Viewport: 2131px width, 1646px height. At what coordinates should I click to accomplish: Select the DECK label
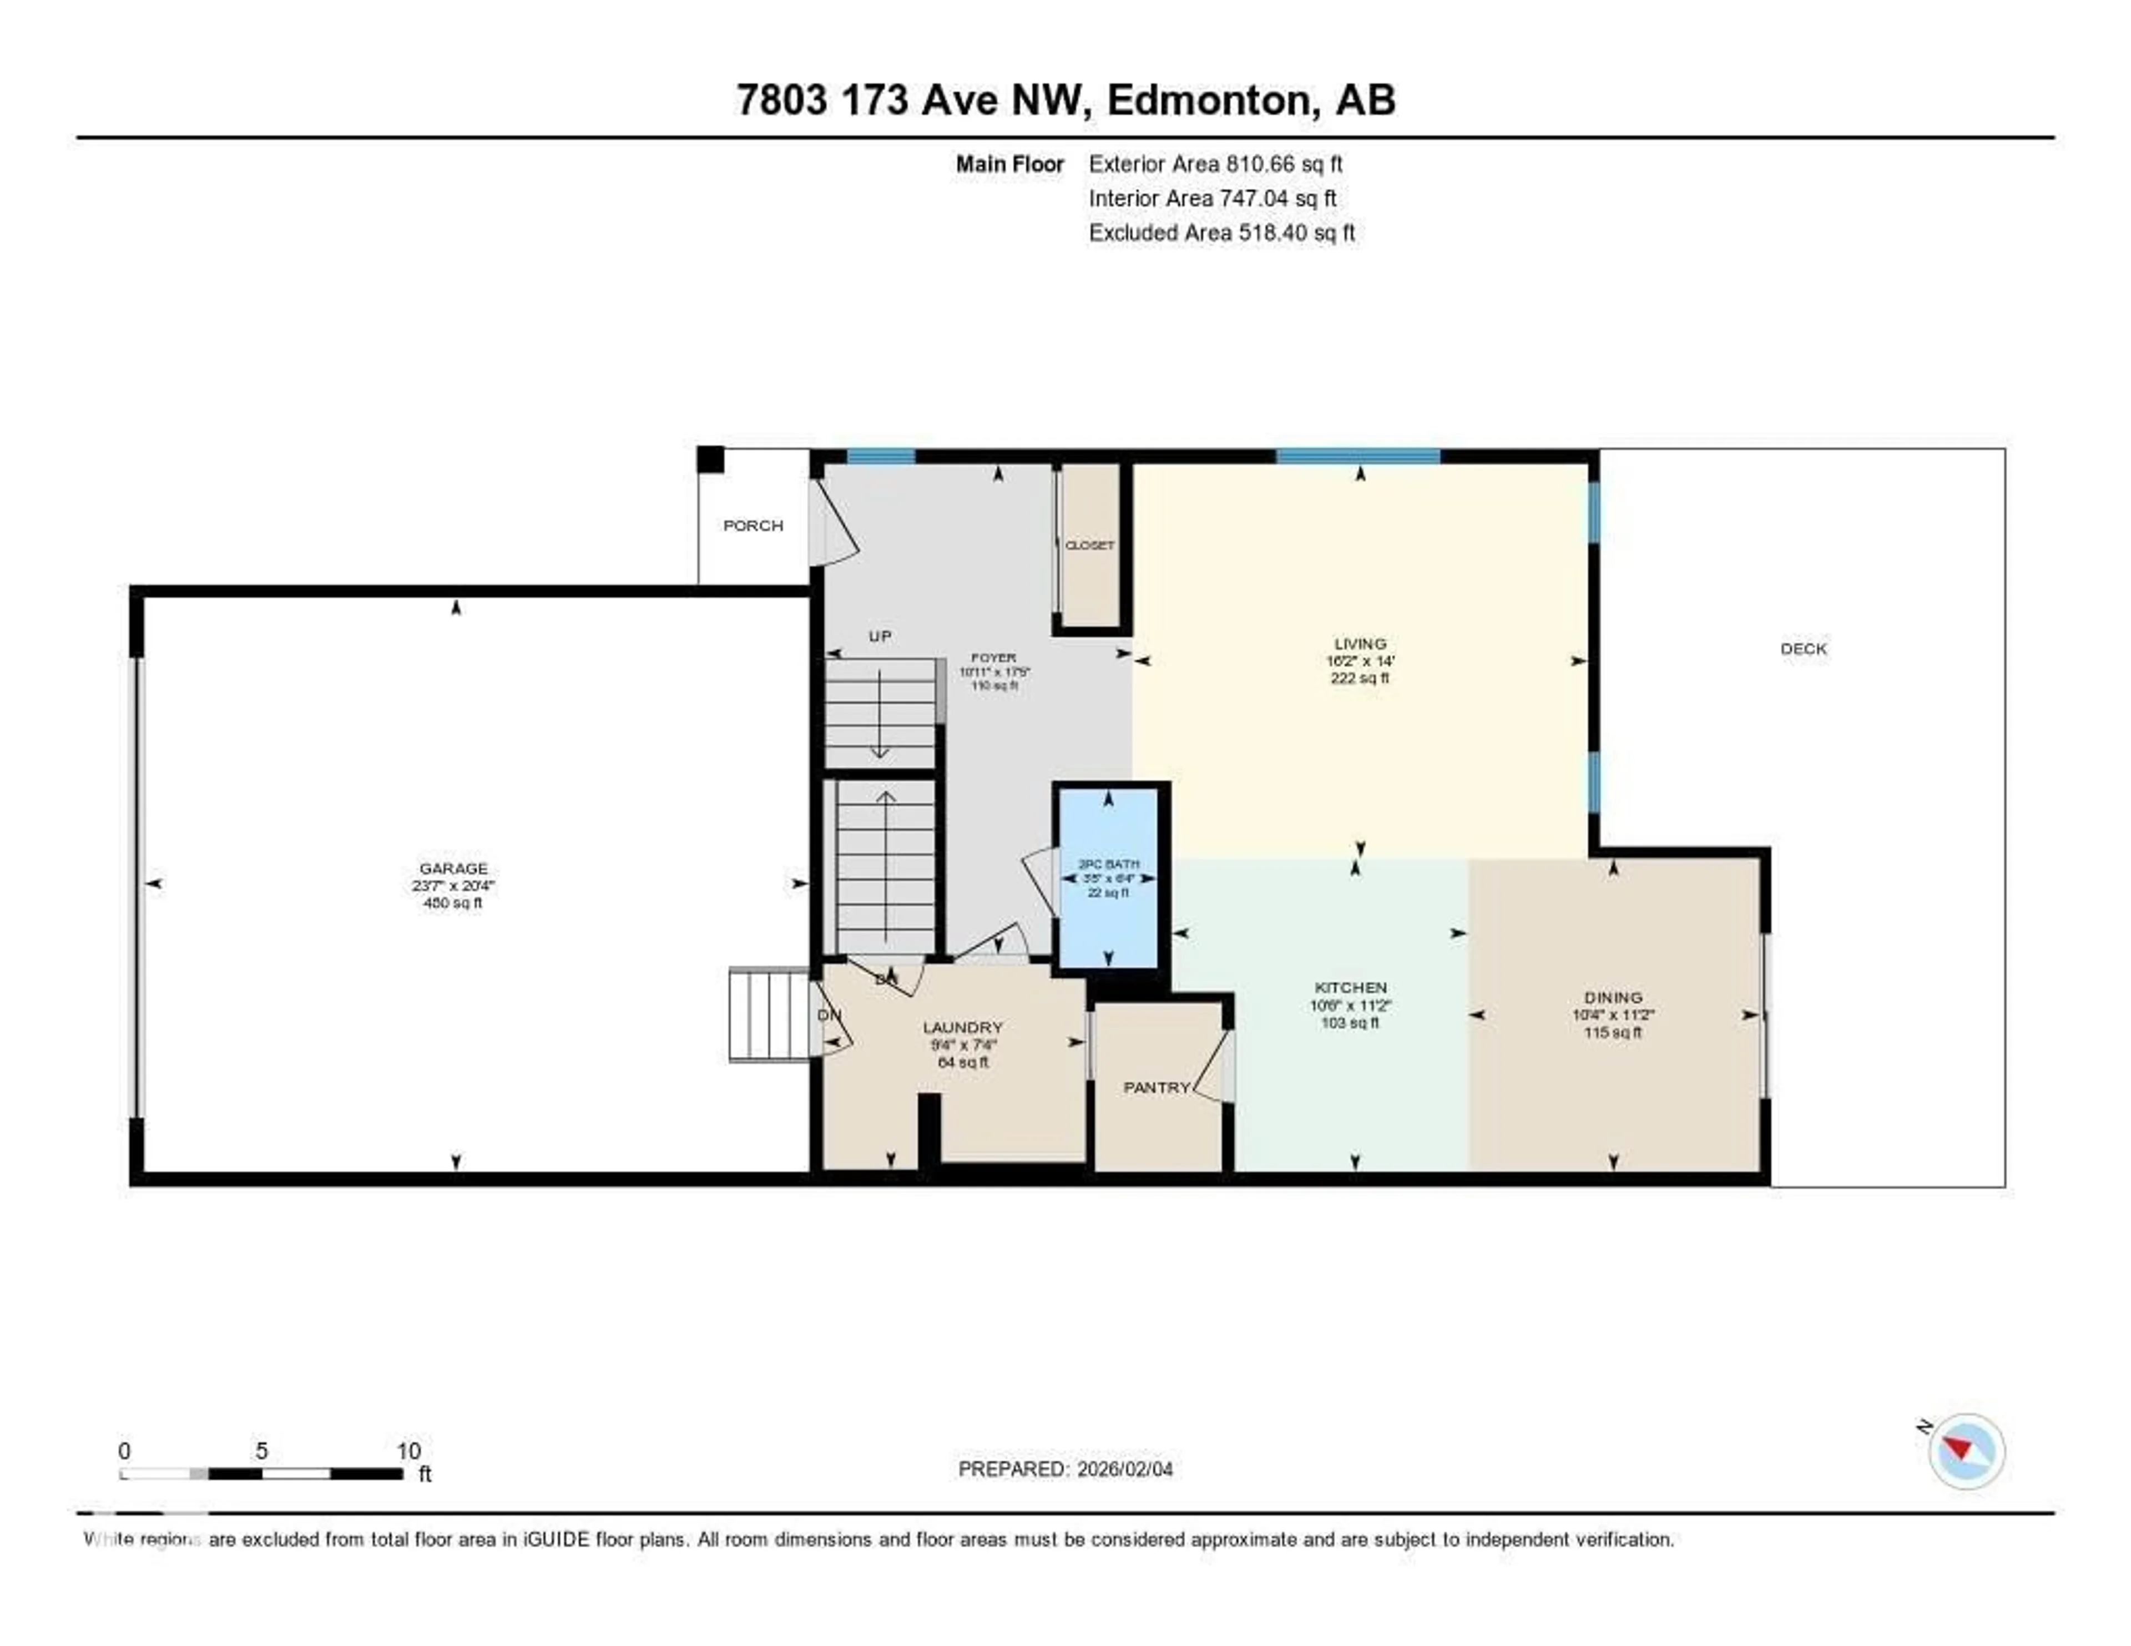1803,649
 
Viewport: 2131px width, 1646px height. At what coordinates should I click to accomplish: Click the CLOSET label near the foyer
1089,546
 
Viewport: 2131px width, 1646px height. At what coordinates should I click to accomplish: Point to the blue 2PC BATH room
1108,878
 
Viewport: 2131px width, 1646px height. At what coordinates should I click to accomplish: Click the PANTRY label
1157,1087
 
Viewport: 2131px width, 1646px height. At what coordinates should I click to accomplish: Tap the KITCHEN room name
1350,987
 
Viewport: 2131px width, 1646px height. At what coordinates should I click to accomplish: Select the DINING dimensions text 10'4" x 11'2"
1613,1014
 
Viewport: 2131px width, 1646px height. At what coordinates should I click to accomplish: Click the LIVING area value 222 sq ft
1359,678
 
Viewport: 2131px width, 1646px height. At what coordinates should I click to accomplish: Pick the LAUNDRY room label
962,1027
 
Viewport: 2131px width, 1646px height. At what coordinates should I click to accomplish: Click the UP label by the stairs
879,636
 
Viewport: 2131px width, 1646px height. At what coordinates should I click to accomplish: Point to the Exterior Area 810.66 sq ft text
1216,164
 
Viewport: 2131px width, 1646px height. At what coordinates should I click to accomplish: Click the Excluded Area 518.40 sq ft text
1221,232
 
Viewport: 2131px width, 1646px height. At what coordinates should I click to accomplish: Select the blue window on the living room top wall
1357,456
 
